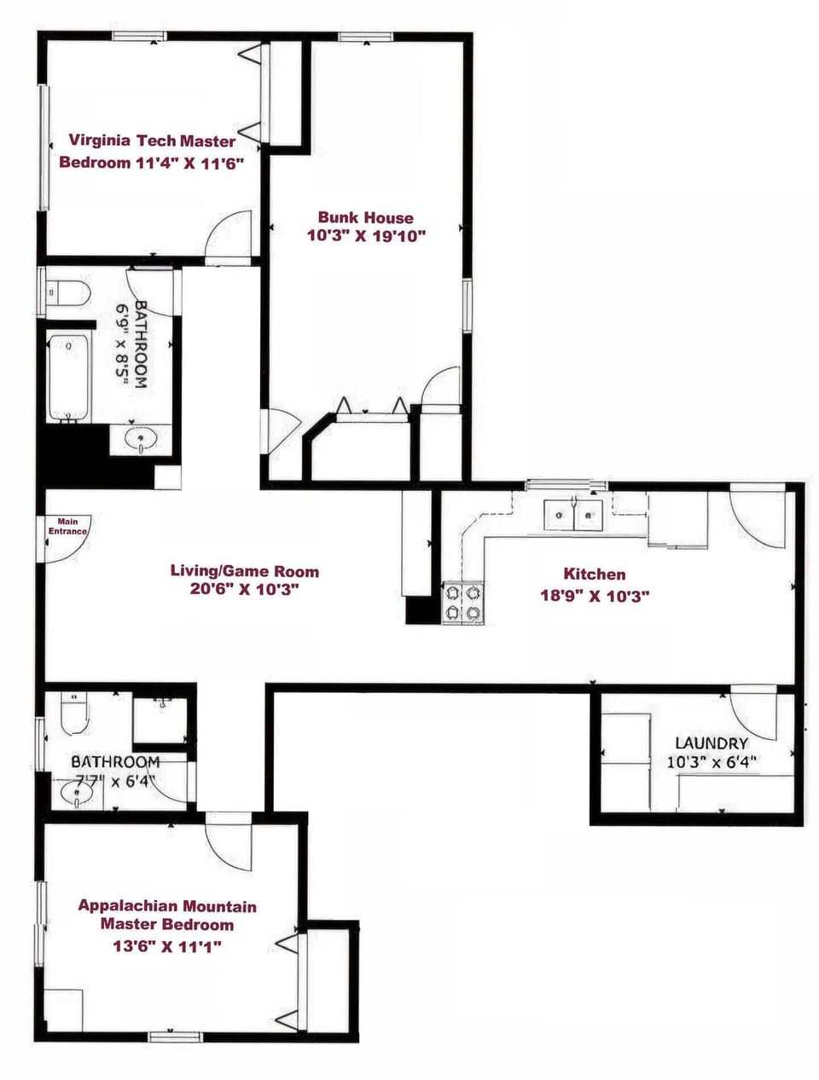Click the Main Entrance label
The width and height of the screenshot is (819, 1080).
[67, 527]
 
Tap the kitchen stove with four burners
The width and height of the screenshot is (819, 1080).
[462, 602]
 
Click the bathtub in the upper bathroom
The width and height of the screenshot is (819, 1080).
[68, 378]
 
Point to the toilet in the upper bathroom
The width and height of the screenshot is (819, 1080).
[70, 293]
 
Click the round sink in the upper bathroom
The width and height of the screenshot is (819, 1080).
[141, 439]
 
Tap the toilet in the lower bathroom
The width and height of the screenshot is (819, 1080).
[75, 714]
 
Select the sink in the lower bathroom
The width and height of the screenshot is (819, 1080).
[77, 794]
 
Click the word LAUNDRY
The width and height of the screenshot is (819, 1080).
[712, 743]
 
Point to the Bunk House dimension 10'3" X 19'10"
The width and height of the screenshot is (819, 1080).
[366, 236]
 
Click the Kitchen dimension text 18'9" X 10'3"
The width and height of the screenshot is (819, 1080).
[595, 596]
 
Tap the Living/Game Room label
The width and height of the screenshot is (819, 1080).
[245, 571]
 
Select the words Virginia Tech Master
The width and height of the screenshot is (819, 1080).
[152, 141]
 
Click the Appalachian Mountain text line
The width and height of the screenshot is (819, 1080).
[167, 906]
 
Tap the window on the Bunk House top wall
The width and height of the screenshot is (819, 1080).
[365, 36]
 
